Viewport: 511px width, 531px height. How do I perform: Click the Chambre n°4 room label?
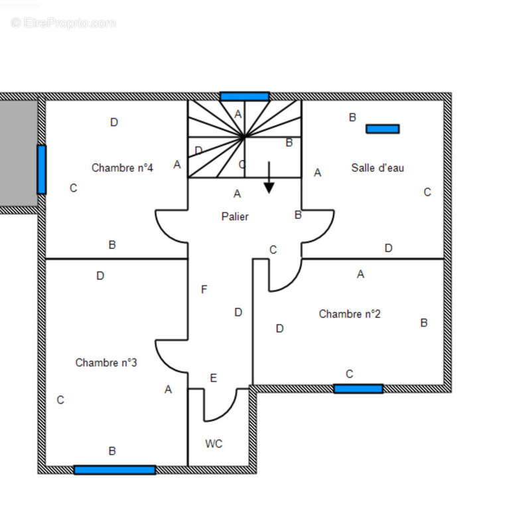click(x=122, y=168)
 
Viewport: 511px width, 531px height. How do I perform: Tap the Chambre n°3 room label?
click(x=106, y=363)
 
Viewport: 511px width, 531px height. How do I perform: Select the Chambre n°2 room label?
click(x=350, y=314)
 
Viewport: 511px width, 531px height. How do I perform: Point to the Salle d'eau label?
click(x=378, y=168)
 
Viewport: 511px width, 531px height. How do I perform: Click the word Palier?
click(x=235, y=217)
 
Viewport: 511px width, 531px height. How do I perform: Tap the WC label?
click(x=214, y=444)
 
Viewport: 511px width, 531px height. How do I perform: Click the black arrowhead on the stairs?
click(x=269, y=188)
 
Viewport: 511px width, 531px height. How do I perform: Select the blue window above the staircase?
click(x=245, y=96)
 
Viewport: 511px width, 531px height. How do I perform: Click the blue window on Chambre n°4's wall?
click(x=42, y=170)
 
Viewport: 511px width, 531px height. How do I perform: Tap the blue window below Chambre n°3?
click(x=115, y=470)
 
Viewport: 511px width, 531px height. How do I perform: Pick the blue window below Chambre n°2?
click(x=358, y=389)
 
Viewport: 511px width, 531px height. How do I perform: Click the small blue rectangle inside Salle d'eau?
click(x=383, y=129)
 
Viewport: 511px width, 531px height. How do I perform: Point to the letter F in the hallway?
click(x=204, y=289)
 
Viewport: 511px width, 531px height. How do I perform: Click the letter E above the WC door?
click(x=213, y=378)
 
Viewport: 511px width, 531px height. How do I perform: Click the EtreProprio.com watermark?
click(x=63, y=23)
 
